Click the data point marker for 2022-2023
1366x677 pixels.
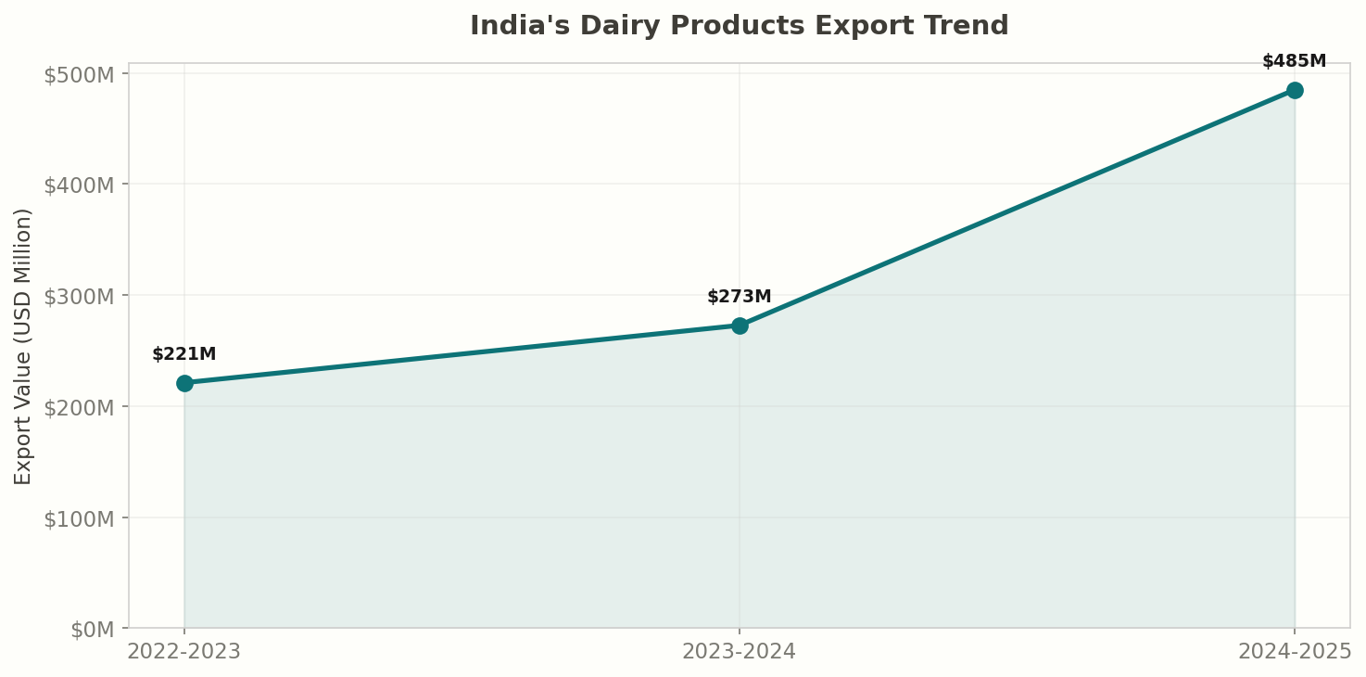coord(184,383)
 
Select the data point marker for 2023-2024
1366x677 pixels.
coord(740,326)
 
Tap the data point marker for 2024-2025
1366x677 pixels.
coord(1295,90)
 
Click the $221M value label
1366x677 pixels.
coord(184,354)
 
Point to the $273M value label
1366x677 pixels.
coord(740,297)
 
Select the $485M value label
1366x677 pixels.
coord(1294,61)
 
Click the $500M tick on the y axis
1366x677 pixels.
coord(79,74)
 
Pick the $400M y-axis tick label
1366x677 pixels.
coord(79,185)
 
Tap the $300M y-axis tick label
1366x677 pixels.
coord(79,296)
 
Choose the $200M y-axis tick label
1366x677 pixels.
coord(79,407)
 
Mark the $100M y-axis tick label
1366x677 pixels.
coord(79,517)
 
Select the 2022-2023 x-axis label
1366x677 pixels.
coord(184,652)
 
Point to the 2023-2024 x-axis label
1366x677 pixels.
coord(740,652)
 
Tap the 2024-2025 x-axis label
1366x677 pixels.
coord(1294,652)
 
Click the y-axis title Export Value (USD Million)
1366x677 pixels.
coord(23,346)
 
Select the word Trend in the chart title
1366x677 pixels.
coord(971,26)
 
